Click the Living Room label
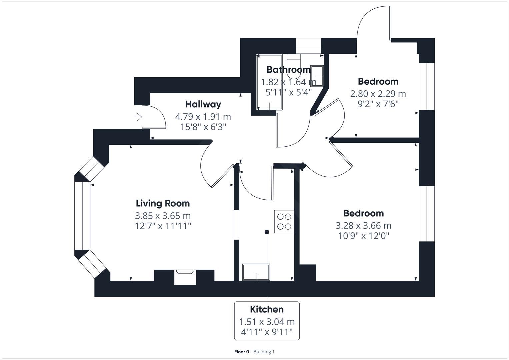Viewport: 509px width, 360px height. point(163,203)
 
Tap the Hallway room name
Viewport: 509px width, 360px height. point(203,104)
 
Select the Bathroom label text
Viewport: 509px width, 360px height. point(288,70)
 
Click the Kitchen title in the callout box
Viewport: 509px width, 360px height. point(267,309)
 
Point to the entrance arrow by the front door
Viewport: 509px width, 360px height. point(138,117)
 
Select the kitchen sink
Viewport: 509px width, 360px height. point(256,272)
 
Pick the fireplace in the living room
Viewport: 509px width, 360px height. point(185,277)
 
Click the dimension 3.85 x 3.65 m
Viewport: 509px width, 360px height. point(163,216)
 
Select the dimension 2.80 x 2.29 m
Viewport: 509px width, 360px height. point(378,94)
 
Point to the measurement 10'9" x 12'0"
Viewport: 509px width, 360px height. point(363,236)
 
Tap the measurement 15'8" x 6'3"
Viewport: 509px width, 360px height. point(203,127)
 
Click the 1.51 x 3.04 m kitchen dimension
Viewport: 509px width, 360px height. point(267,322)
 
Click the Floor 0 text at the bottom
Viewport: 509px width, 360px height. point(242,352)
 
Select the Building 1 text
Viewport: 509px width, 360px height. point(264,352)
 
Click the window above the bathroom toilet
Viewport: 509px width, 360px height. point(308,46)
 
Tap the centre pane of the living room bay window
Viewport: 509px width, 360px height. point(82,216)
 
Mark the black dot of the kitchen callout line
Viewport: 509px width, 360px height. point(267,232)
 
